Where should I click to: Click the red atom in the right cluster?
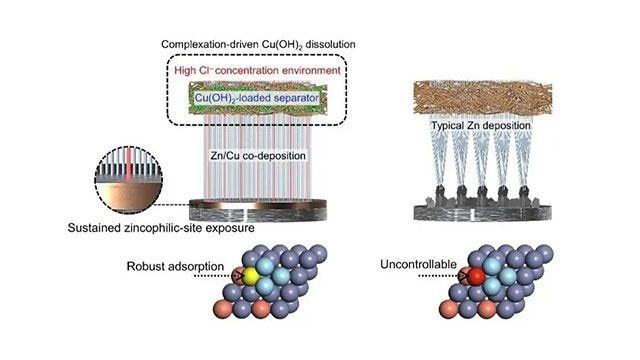click(477, 277)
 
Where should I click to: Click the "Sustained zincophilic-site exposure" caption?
click(146, 228)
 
